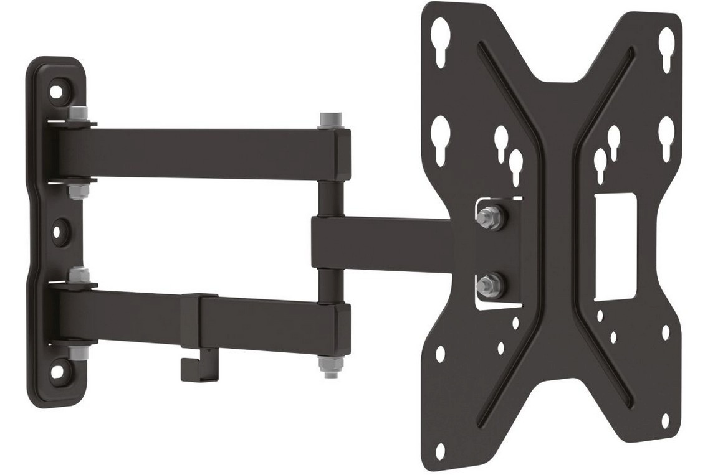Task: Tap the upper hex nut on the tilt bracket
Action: click(489, 217)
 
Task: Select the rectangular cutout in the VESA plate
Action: click(613, 246)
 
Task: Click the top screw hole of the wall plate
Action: click(57, 91)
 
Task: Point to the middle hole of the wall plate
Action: click(57, 232)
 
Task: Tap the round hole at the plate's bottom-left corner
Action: click(441, 449)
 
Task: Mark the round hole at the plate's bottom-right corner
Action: click(665, 420)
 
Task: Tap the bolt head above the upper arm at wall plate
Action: click(77, 114)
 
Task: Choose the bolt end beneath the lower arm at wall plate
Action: click(77, 353)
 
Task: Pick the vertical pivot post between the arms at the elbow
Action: click(327, 197)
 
